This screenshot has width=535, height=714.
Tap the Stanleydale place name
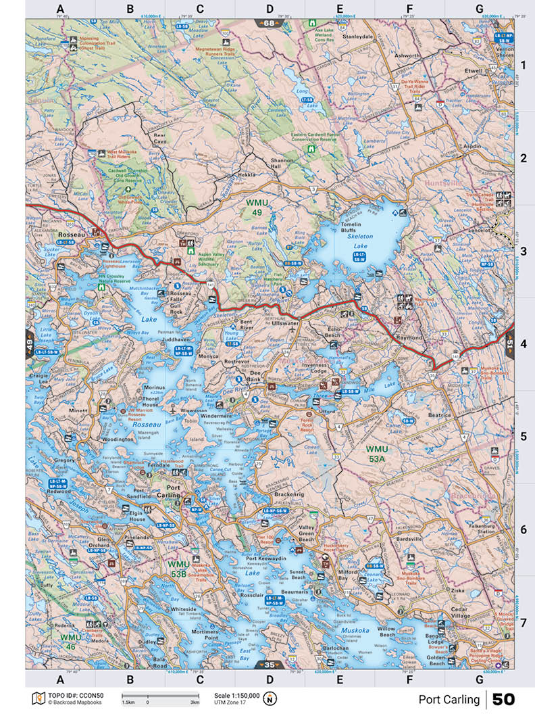click(358, 37)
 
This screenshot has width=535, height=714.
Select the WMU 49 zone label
click(257, 207)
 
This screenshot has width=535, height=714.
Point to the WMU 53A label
click(378, 454)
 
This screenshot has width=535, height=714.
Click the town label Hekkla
click(247, 174)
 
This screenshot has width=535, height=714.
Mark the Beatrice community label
click(439, 415)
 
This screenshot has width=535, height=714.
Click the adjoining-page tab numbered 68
click(269, 24)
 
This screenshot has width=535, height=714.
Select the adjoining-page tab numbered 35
click(269, 665)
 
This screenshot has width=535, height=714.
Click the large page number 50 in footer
click(503, 699)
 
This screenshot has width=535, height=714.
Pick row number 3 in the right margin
click(524, 251)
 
